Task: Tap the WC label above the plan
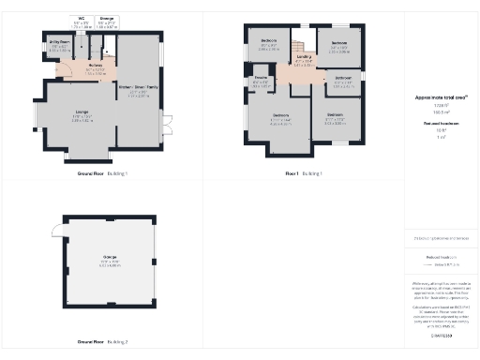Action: click(81, 18)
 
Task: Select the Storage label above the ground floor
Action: click(107, 18)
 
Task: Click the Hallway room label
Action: click(96, 67)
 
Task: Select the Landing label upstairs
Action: click(304, 59)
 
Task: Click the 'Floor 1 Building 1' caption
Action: click(304, 174)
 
